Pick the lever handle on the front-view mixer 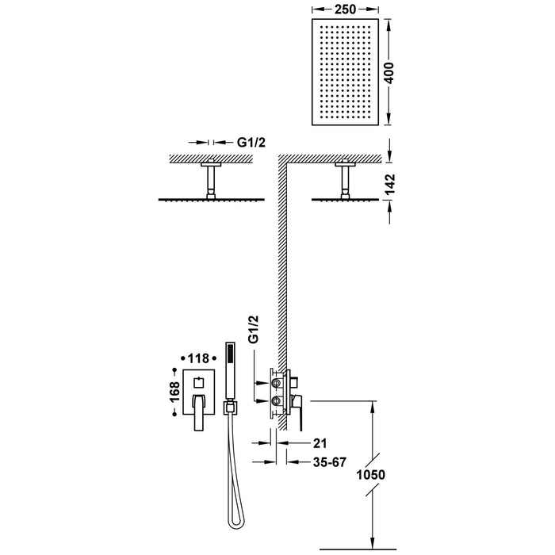[195, 415]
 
